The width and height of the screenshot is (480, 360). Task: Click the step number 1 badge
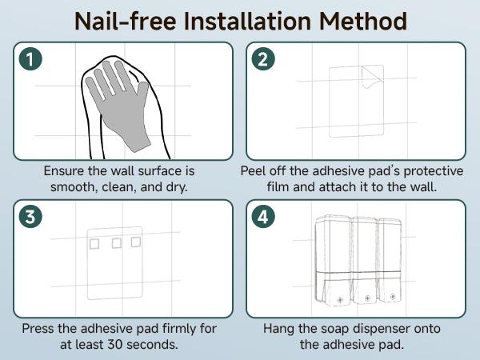(x=30, y=59)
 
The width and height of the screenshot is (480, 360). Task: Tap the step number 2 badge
(x=263, y=59)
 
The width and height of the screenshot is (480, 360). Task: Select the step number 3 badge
(x=30, y=217)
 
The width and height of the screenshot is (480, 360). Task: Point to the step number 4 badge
(x=263, y=217)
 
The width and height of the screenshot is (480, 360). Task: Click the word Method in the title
(x=363, y=21)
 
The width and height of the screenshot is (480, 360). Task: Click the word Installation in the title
(x=247, y=21)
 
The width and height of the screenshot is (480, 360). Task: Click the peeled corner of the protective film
(x=373, y=77)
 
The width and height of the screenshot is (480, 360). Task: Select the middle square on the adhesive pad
(x=117, y=243)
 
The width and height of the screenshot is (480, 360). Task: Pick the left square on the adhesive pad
(x=94, y=244)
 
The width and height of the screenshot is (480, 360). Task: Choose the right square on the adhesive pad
(x=136, y=242)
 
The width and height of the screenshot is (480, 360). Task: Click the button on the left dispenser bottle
(x=339, y=300)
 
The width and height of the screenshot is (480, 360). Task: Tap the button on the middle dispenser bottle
(x=367, y=298)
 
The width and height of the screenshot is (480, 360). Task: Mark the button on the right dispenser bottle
(x=393, y=296)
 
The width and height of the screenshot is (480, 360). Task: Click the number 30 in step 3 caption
(x=115, y=344)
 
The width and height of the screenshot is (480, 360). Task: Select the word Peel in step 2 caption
(x=253, y=171)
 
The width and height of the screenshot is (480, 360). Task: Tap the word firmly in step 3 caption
(x=178, y=329)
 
